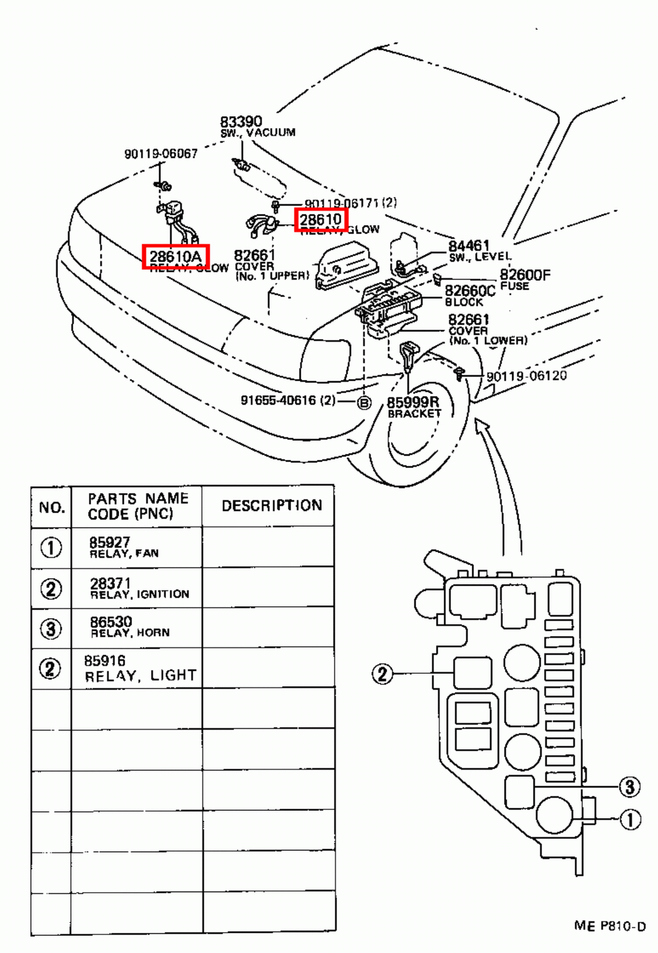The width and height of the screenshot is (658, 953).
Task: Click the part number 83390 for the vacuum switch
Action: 241,122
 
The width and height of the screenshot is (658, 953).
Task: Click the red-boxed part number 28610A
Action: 175,257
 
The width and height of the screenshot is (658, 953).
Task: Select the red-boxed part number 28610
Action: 321,220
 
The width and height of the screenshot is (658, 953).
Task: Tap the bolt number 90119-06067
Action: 161,154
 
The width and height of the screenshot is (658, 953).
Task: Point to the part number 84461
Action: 469,246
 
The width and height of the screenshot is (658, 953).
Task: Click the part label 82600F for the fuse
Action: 525,275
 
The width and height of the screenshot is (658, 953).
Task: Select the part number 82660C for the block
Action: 470,291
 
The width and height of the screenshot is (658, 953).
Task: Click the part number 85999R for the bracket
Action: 413,403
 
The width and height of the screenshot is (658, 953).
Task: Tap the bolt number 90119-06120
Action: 526,376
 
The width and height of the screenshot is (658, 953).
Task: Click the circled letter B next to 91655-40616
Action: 363,403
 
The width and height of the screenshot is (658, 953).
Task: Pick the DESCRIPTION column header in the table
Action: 272,506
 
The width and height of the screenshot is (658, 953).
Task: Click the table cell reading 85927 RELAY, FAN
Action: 124,547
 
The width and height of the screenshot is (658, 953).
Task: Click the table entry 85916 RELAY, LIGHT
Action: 139,668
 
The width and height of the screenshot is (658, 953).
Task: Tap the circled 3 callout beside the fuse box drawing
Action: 630,787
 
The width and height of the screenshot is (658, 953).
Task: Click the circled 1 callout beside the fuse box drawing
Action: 631,820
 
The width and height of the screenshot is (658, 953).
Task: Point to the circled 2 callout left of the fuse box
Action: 382,674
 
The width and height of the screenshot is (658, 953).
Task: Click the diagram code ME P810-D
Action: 609,926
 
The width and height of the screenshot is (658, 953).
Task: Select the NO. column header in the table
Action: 51,507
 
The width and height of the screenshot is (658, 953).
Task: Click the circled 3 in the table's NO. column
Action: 51,628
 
